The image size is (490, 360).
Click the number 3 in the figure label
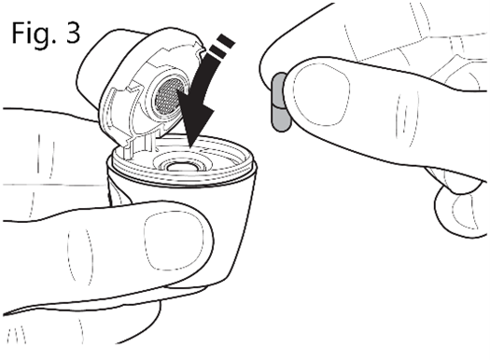[x=73, y=33]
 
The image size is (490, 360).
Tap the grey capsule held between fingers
[x=280, y=102]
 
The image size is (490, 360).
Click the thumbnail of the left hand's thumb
[x=174, y=241]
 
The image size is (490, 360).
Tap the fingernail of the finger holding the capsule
[x=322, y=93]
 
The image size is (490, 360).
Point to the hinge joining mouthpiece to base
[x=136, y=146]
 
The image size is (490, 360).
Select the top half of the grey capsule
[x=278, y=89]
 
